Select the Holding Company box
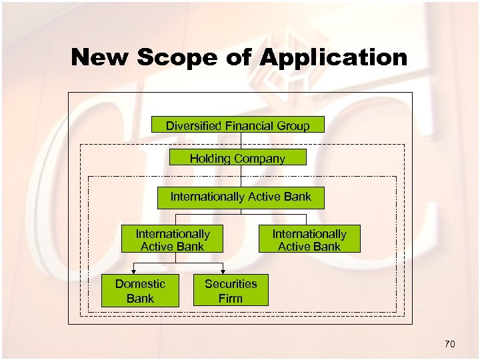237,158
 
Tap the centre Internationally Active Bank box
241,197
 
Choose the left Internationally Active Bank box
172,240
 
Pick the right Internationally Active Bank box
309,240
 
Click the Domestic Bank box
140,291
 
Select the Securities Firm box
231,291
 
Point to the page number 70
449,344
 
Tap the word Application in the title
333,58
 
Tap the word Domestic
139,284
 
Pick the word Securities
231,284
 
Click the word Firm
231,298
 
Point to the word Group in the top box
293,125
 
